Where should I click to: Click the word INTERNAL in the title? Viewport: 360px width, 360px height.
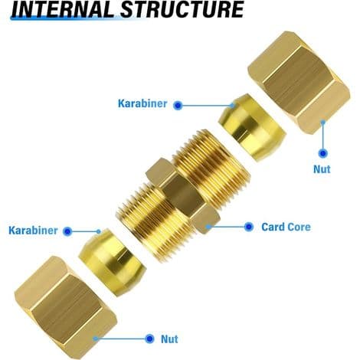[x=63, y=10]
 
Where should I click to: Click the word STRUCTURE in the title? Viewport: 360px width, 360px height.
[x=182, y=9]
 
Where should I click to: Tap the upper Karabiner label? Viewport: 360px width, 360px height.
[x=142, y=103]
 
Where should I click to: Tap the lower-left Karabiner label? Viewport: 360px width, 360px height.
[x=33, y=231]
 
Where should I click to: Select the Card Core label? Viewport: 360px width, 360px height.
[x=286, y=227]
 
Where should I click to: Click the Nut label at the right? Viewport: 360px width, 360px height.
[x=322, y=169]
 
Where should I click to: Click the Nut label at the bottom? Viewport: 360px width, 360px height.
[x=169, y=339]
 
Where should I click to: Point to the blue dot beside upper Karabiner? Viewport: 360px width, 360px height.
[x=178, y=105]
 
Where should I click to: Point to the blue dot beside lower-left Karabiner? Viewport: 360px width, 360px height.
[x=67, y=231]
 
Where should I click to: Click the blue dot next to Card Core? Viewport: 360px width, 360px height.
[x=249, y=227]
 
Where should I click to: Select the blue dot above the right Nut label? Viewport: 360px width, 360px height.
[x=323, y=153]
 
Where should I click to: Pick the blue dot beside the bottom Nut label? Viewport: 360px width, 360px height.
[x=149, y=339]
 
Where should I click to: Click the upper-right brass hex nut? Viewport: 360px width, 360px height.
[x=299, y=82]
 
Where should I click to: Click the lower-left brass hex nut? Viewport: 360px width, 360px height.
[x=66, y=307]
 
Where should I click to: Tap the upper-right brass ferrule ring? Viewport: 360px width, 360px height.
[x=252, y=127]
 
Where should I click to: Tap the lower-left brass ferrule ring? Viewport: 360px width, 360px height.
[x=112, y=262]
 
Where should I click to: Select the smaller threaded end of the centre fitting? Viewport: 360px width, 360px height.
[x=151, y=220]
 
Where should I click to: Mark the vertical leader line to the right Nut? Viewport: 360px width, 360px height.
[x=323, y=136]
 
